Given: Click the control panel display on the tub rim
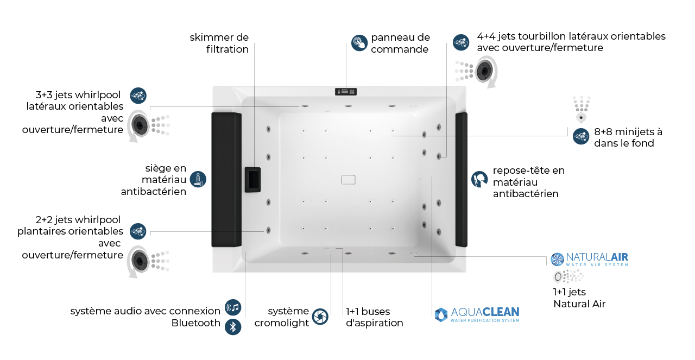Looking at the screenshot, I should coord(346,92).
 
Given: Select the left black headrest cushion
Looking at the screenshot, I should coord(226,179).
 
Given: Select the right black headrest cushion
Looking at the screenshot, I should coord(461,179).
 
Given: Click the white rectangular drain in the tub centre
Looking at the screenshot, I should coord(347,180).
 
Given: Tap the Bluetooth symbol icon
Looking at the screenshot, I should coord(233,327).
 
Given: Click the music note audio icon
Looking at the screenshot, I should coord(233,308).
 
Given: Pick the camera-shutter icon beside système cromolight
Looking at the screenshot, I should coord(320,317).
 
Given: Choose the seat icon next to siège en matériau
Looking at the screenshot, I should coord(198,180).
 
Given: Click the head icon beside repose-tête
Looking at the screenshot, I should coord(479,180).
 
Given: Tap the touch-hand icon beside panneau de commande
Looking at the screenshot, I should coord(359,43).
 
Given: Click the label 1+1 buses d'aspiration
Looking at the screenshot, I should coord(375,317).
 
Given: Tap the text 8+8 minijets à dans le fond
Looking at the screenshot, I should coord(628,137).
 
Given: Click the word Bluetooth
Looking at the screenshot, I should coord(196,323).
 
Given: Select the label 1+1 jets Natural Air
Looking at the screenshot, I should coord(579,298).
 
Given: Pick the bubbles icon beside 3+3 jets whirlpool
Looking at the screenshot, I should coord(138,96).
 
